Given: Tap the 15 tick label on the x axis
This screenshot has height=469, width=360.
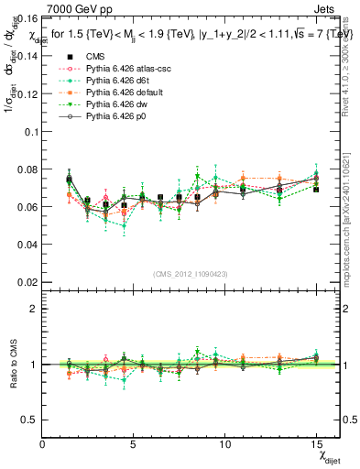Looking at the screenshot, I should click(316, 444).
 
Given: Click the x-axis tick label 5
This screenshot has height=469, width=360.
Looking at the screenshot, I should click(134, 444).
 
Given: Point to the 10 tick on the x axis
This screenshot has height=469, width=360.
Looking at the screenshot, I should click(224, 444).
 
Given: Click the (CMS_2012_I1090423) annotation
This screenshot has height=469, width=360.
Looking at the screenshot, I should click(190, 273).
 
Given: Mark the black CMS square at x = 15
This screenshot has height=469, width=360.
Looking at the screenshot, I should click(316, 189).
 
